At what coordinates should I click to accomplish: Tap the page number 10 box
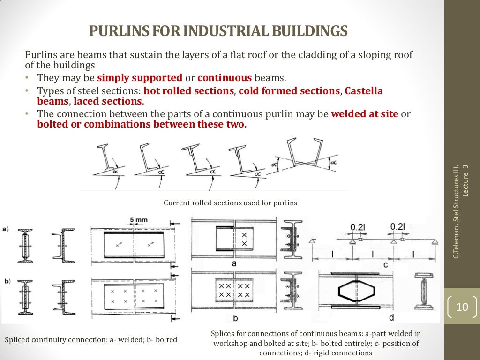[462, 307]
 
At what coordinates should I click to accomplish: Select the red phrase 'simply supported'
[140, 77]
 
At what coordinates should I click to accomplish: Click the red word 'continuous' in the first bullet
[225, 77]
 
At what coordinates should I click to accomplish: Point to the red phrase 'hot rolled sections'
[188, 90]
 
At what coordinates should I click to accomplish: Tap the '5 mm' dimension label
[138, 219]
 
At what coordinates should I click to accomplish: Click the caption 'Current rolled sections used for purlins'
[230, 203]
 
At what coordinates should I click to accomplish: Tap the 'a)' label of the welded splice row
[5, 229]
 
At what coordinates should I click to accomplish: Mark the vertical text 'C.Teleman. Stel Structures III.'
[455, 211]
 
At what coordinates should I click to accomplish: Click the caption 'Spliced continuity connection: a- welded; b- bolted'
[90, 339]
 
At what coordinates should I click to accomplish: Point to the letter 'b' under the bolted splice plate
[236, 318]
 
